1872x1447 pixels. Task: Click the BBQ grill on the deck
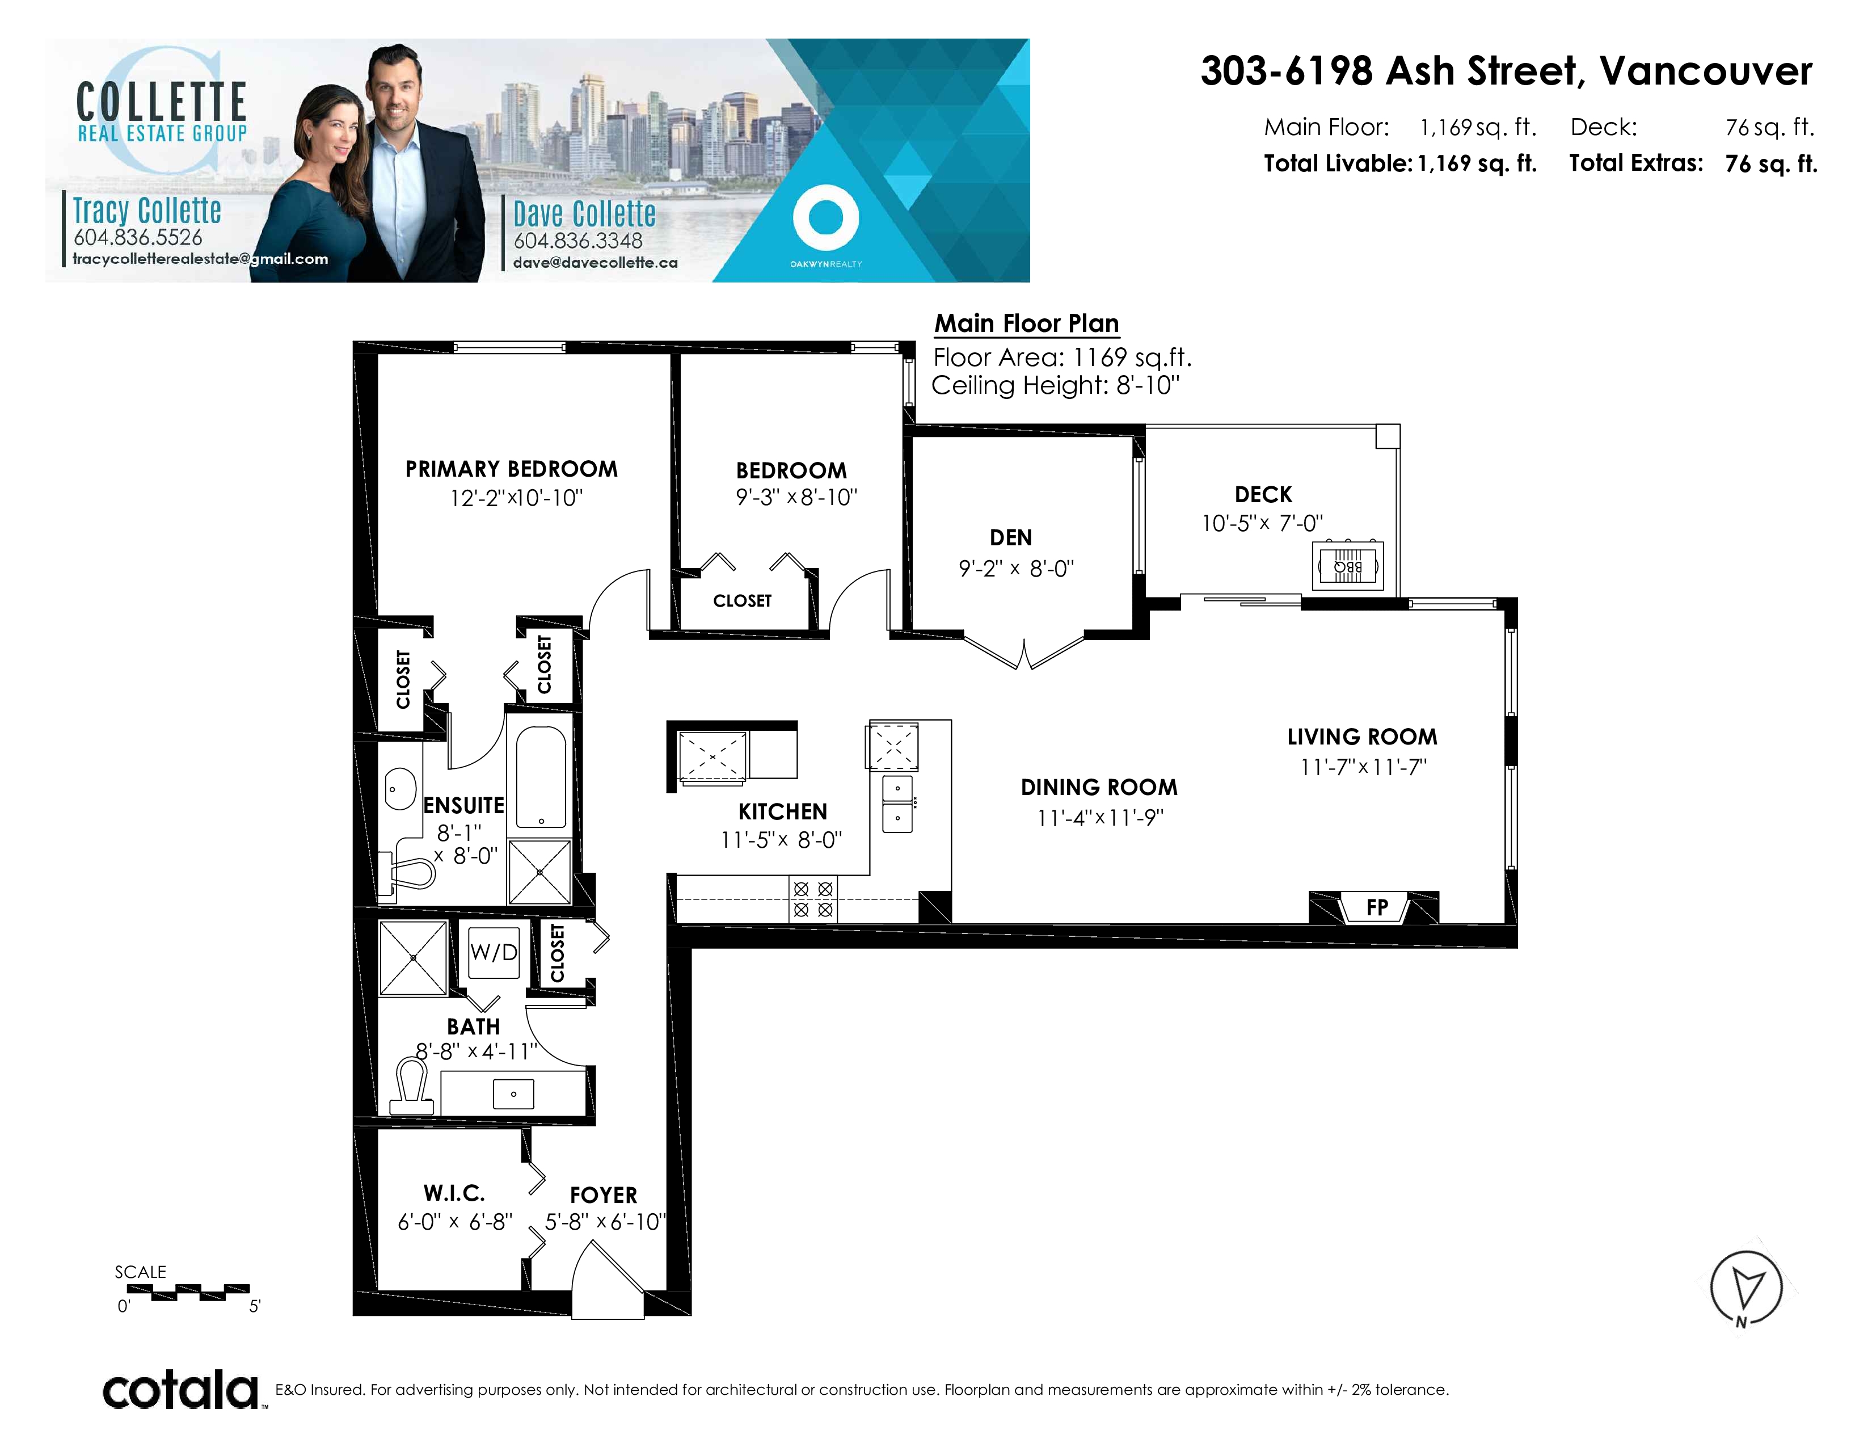pos(1347,566)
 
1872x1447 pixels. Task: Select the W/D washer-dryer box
pos(494,952)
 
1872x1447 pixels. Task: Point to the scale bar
pos(200,1292)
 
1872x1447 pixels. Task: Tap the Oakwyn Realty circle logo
pos(825,218)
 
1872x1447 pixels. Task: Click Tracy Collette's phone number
pos(138,237)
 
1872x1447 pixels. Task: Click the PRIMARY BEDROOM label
pos(511,469)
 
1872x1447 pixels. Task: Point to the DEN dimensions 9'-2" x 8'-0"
pos(1016,569)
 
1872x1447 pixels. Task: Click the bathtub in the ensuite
pos(541,777)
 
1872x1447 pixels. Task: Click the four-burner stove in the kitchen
pos(812,899)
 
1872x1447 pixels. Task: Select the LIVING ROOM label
pos(1362,737)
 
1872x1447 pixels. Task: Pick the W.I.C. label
pos(454,1193)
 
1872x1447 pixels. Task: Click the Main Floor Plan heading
pos(1026,323)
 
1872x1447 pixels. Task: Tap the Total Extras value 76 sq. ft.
pos(1771,164)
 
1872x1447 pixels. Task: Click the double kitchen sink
pos(897,804)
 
